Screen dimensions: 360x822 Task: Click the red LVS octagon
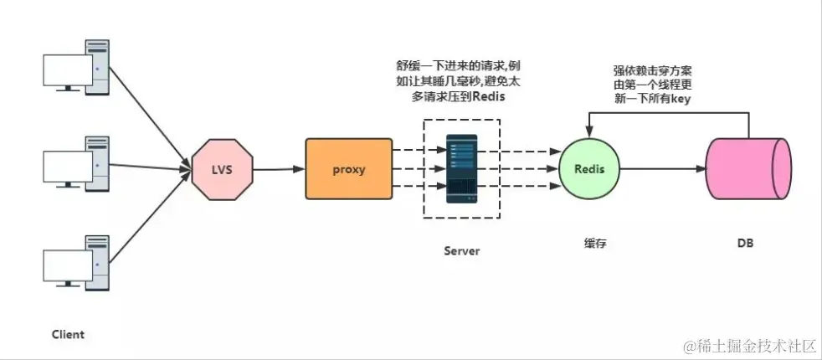click(x=221, y=169)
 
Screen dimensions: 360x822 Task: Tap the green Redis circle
click(x=589, y=169)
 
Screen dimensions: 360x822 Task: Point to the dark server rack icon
click(x=461, y=167)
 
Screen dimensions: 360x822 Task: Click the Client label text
click(x=67, y=334)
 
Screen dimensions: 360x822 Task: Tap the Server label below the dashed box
click(x=461, y=250)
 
